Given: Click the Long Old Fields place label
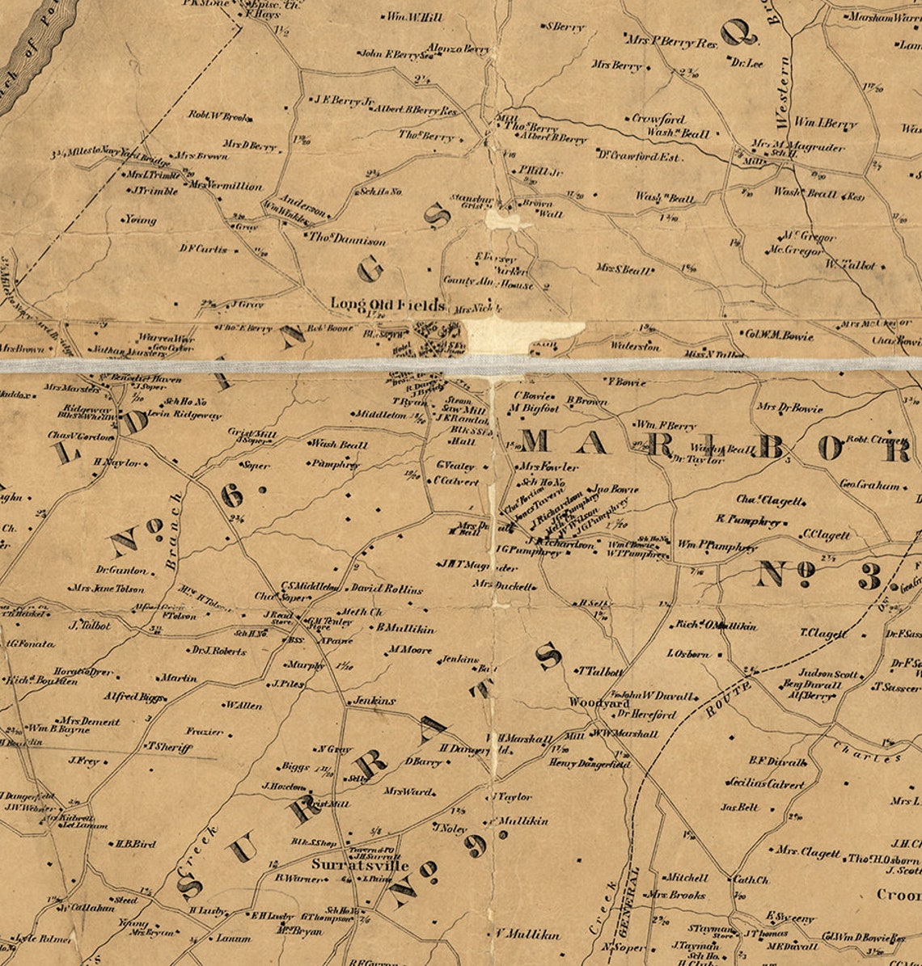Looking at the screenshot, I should coord(387,305).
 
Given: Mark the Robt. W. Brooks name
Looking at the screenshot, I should coord(219,116).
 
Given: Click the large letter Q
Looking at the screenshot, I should coord(738,33).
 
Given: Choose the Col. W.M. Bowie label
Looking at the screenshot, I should coord(778,335).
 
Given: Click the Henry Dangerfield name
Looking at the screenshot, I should coord(588,763).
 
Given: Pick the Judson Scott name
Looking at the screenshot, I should coord(828,673).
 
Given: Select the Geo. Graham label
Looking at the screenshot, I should coord(869,486).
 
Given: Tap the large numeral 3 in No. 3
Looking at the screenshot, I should coord(870,577).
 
